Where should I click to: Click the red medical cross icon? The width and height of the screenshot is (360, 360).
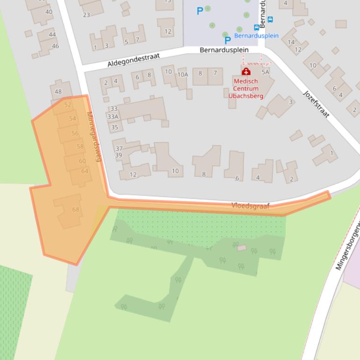(246, 72)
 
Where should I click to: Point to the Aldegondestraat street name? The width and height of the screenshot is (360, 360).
(133, 59)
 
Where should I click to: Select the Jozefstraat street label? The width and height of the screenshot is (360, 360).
(317, 103)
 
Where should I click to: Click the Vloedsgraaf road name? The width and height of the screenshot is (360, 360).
(251, 206)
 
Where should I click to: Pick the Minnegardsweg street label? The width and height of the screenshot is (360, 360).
(94, 136)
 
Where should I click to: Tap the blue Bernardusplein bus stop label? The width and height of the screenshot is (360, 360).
(256, 36)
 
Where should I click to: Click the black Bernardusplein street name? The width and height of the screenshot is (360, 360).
(224, 50)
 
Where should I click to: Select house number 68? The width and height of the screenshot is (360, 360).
(76, 209)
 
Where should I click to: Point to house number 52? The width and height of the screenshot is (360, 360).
(68, 105)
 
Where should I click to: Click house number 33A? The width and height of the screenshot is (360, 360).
(113, 117)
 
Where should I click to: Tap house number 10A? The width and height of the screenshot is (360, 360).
(182, 74)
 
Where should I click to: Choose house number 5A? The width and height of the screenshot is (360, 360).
(266, 72)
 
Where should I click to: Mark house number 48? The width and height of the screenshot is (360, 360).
(58, 92)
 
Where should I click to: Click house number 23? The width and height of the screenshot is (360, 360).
(86, 15)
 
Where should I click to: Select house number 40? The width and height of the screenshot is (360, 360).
(49, 12)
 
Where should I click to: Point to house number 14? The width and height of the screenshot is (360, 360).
(291, 43)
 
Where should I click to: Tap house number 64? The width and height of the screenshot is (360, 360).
(85, 171)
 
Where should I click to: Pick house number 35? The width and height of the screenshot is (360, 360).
(114, 127)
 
